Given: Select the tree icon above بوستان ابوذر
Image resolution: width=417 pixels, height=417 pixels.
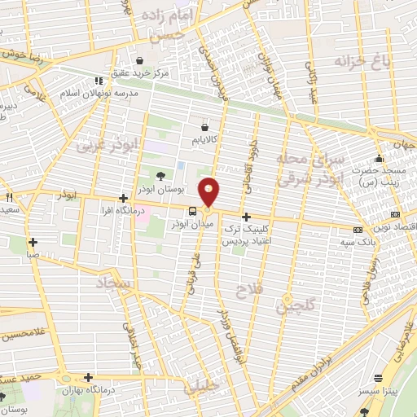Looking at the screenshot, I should (160, 175).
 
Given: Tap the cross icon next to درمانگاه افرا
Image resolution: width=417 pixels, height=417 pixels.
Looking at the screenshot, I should (122, 198).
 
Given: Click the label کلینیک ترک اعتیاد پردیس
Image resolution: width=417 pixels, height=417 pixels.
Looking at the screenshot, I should (269, 235).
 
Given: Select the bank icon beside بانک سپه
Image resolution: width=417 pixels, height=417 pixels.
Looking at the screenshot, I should (358, 230).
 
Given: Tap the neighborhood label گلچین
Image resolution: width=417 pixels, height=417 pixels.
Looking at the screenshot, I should (294, 305).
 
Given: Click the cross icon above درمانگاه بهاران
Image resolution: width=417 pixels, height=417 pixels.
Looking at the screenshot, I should (88, 377).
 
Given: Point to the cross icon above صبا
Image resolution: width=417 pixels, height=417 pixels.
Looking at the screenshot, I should (33, 242).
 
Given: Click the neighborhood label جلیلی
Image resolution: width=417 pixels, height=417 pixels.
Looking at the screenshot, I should (201, 387).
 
